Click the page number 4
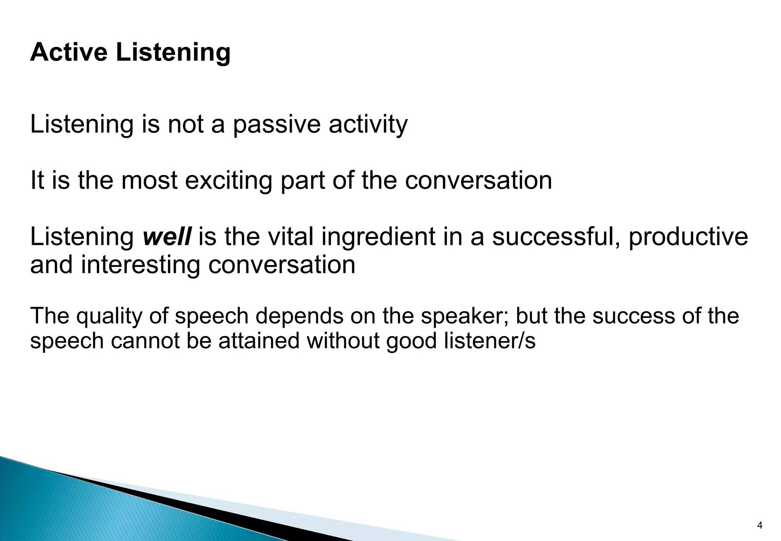point(759,525)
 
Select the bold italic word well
point(167,237)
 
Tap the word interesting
point(140,266)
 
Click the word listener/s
point(490,340)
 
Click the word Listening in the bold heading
point(173,53)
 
